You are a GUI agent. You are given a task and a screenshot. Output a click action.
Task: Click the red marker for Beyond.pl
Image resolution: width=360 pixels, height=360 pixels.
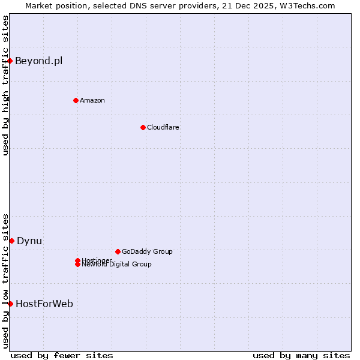click(10, 61)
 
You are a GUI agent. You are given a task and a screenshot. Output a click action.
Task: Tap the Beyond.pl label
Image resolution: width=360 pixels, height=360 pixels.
click(38, 61)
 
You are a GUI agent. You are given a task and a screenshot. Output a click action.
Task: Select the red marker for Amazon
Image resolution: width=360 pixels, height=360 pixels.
click(76, 100)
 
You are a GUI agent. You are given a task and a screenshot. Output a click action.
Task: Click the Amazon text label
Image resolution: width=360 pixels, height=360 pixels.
click(92, 100)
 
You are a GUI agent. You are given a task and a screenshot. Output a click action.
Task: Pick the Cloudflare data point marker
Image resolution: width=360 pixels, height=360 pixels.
click(143, 127)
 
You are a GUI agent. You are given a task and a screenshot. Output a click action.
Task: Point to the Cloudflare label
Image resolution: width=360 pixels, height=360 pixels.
click(163, 127)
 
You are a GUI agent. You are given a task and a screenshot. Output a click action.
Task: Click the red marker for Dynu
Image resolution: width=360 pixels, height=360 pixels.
click(11, 241)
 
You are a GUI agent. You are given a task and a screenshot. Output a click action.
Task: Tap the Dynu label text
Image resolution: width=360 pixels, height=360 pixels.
click(29, 241)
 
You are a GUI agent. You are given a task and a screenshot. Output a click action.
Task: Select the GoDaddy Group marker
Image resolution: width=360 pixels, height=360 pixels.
click(118, 251)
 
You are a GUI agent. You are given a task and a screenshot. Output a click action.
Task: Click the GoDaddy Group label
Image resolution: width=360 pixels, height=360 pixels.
click(147, 251)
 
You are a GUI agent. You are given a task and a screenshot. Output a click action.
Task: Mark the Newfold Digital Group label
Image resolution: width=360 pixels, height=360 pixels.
click(116, 265)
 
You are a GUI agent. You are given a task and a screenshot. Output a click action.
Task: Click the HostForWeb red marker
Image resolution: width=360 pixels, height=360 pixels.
click(10, 304)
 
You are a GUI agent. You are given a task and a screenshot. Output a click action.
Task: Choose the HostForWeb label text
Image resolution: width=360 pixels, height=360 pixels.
click(44, 304)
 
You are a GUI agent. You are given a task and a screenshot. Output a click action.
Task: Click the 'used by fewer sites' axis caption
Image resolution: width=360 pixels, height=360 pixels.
click(62, 355)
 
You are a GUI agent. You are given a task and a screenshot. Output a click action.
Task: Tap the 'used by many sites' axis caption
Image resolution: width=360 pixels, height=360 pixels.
click(301, 355)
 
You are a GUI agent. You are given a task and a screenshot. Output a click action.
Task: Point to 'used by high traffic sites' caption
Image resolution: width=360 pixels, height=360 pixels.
click(5, 85)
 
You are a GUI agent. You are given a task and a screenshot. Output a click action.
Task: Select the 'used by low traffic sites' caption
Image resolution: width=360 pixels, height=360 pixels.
click(5, 280)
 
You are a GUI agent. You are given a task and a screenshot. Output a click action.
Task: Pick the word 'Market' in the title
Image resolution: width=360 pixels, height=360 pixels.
click(38, 5)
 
